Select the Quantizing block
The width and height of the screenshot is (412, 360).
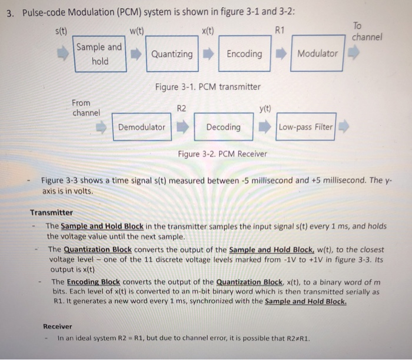172,54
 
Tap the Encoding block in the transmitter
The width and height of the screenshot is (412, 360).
244,54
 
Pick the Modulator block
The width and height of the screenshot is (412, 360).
318,54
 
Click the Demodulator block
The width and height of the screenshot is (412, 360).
142,127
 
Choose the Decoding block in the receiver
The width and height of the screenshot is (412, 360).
224,127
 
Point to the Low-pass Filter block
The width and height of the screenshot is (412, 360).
305,127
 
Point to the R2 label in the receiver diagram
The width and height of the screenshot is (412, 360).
181,108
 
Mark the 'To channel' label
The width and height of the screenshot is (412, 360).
367,31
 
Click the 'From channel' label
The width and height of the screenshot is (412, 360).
86,107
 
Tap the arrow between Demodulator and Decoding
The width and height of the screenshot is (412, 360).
183,127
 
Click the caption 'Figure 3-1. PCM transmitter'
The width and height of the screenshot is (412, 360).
208,87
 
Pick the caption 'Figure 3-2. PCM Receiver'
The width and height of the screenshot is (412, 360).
222,154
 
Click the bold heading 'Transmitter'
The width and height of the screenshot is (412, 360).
52,213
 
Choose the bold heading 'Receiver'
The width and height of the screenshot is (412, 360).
58,326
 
